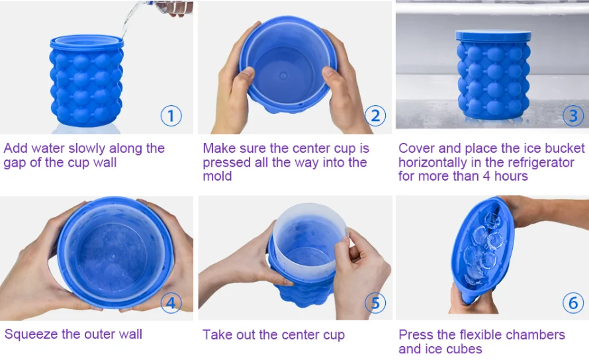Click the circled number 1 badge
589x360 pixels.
coord(171,116)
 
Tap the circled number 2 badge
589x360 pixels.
coord(375,116)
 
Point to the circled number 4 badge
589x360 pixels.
coord(171,302)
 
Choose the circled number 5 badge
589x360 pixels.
coord(375,302)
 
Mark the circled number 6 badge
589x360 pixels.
coord(573,302)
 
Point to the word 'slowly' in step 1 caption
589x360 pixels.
coord(101,148)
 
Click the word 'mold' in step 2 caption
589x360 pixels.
coord(217,177)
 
